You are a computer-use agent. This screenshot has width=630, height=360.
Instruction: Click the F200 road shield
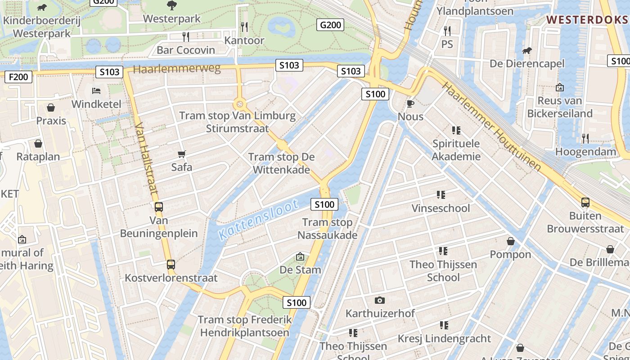tap(18, 77)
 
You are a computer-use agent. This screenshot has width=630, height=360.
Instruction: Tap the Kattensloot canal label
tap(258, 219)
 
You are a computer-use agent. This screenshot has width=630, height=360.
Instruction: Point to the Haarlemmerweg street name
tap(177, 69)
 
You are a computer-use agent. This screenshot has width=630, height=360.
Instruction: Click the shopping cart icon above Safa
tap(182, 154)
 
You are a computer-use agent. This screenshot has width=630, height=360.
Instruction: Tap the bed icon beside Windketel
tap(96, 91)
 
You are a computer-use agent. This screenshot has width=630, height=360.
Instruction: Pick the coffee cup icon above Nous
tap(410, 104)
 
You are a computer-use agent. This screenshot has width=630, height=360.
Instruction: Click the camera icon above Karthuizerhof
tap(380, 300)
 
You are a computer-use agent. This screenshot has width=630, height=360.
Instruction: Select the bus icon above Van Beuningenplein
tap(158, 207)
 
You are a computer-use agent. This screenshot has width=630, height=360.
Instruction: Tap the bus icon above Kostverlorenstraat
tap(171, 265)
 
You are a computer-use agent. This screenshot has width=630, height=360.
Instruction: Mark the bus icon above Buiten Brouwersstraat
tap(585, 202)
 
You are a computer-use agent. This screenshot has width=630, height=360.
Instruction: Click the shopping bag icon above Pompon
tap(510, 242)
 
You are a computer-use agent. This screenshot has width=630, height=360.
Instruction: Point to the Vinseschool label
tap(441, 208)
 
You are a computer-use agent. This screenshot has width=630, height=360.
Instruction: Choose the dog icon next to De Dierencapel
tap(526, 50)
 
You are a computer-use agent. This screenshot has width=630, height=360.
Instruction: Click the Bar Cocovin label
tap(186, 50)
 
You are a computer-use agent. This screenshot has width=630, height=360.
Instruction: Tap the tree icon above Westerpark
tap(171, 6)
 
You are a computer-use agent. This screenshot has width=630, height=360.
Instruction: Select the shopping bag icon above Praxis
tap(51, 108)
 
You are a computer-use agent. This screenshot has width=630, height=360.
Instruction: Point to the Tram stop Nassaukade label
tap(327, 229)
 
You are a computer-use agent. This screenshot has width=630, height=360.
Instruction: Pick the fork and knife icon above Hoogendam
tap(585, 139)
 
